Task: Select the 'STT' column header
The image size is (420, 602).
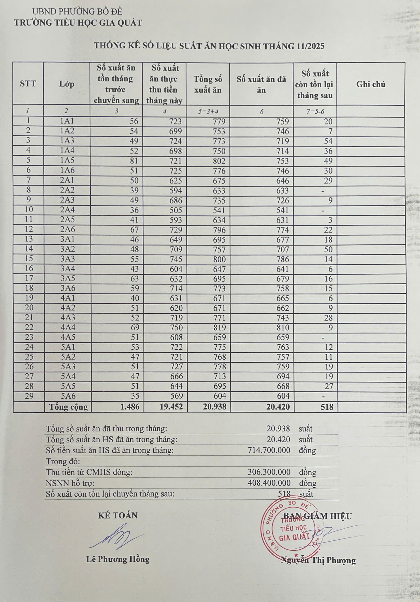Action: coord(28,84)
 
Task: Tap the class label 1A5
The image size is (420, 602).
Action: coord(67,161)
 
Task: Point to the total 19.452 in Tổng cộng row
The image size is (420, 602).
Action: coord(171,407)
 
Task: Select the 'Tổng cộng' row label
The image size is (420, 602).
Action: coord(68,407)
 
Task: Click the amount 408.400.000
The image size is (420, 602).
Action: coord(269,483)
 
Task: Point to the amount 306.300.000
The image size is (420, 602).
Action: coord(269,472)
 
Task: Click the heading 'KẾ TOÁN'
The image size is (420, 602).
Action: coord(118,515)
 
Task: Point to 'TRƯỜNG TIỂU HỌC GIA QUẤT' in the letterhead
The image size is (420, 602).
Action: coord(78,23)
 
